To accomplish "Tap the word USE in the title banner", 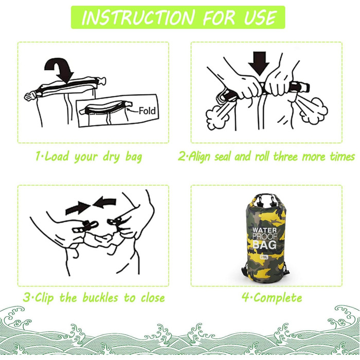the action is click(260, 17).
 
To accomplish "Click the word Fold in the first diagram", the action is click(147, 111).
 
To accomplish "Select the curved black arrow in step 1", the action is click(59, 70).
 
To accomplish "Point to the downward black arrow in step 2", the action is click(259, 64).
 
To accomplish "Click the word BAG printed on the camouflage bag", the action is click(264, 245).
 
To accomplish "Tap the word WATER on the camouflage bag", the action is click(264, 230).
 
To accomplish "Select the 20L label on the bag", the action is click(264, 257).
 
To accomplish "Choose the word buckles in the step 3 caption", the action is click(100, 298).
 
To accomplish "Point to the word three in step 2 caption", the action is click(285, 156).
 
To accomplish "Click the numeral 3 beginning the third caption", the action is click(27, 298).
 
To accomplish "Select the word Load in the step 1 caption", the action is click(57, 156).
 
